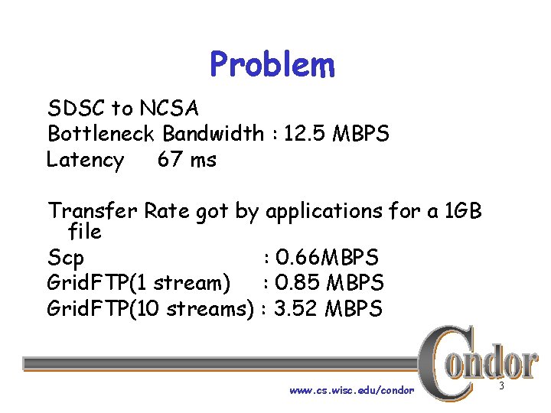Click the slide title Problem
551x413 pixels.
(272, 66)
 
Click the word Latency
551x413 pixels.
(85, 161)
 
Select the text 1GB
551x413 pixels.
(462, 210)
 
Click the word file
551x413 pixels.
(85, 229)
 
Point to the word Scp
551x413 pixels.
(66, 257)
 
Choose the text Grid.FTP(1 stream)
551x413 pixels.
(139, 283)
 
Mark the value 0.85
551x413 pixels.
(298, 283)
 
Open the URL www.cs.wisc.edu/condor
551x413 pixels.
(351, 390)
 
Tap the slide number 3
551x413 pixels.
(502, 387)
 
